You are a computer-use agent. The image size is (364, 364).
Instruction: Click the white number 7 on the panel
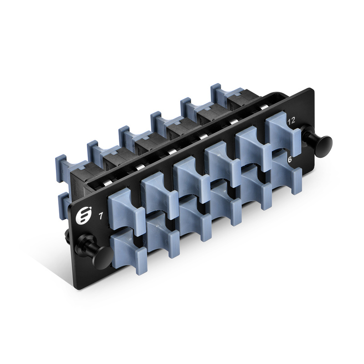tap(101, 216)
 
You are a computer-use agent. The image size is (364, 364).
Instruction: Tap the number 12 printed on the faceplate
tap(291, 120)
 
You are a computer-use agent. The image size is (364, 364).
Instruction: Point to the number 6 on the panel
tap(290, 160)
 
